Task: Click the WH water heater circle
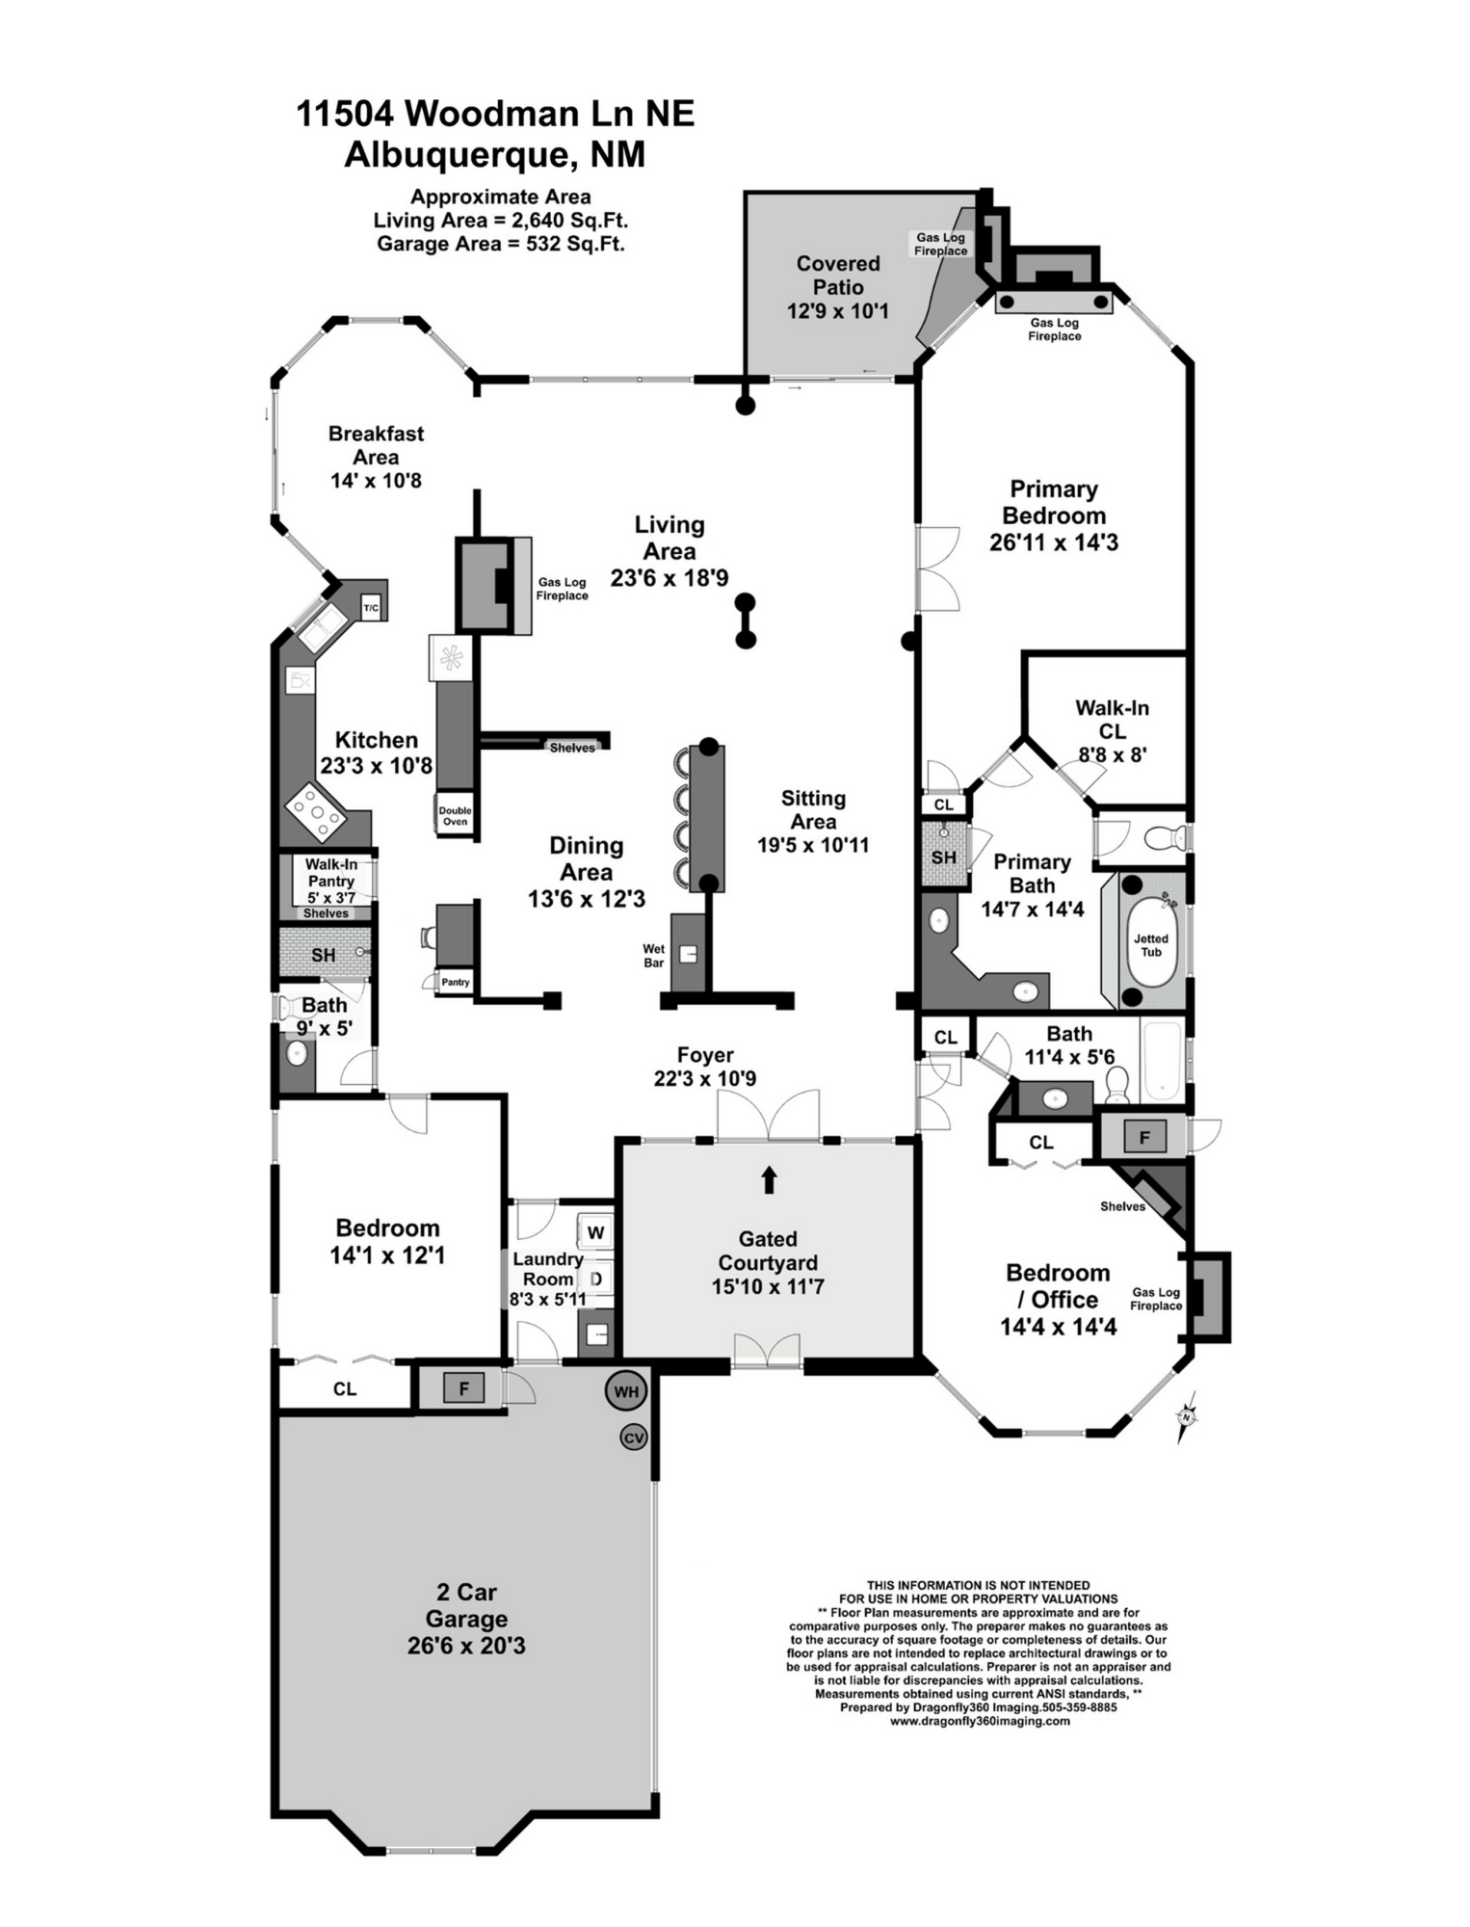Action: coord(626,1391)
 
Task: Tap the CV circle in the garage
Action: coord(633,1438)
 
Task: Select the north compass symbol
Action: coord(1186,1417)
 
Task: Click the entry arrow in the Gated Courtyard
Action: coord(769,1180)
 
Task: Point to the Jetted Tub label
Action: coord(1151,945)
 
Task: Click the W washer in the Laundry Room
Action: coord(595,1232)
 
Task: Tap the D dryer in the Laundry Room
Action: coord(595,1280)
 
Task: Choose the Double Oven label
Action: coord(455,816)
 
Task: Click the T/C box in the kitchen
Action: coord(371,608)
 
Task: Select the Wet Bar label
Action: coord(654,956)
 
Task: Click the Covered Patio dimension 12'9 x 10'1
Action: coord(837,311)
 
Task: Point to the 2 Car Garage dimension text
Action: coord(466,1645)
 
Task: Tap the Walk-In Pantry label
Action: coord(330,873)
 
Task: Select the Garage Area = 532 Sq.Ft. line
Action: coord(501,244)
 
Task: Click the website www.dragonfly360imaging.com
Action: coord(980,1721)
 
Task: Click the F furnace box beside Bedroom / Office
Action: coord(1144,1138)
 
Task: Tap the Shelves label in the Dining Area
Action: coord(572,748)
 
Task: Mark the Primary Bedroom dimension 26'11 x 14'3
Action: coord(1054,542)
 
